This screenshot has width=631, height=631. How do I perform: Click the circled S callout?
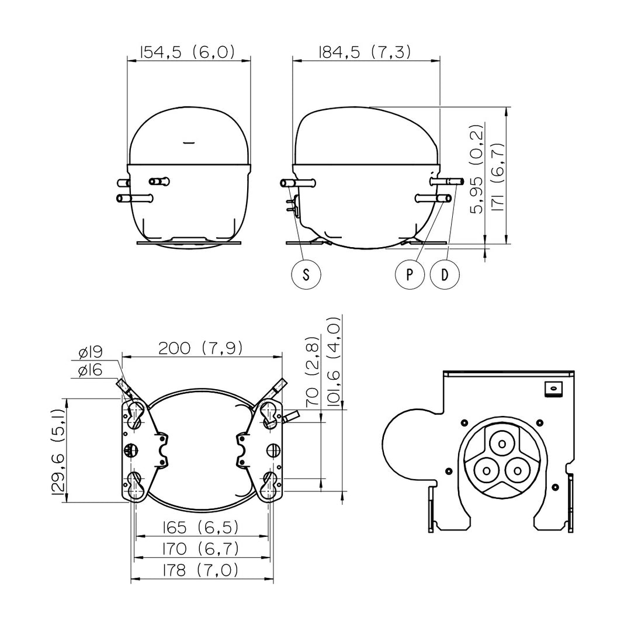click(x=306, y=275)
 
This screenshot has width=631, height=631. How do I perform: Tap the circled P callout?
click(x=410, y=275)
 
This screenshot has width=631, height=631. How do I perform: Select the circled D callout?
click(x=445, y=275)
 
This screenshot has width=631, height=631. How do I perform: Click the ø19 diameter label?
click(x=91, y=353)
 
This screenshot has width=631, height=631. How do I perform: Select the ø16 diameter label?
click(x=91, y=370)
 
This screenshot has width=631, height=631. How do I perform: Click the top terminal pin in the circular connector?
click(x=501, y=443)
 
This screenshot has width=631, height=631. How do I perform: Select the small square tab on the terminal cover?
click(x=553, y=389)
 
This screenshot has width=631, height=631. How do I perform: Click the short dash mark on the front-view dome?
click(x=188, y=142)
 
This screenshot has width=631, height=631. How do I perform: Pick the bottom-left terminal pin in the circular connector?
click(x=487, y=470)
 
